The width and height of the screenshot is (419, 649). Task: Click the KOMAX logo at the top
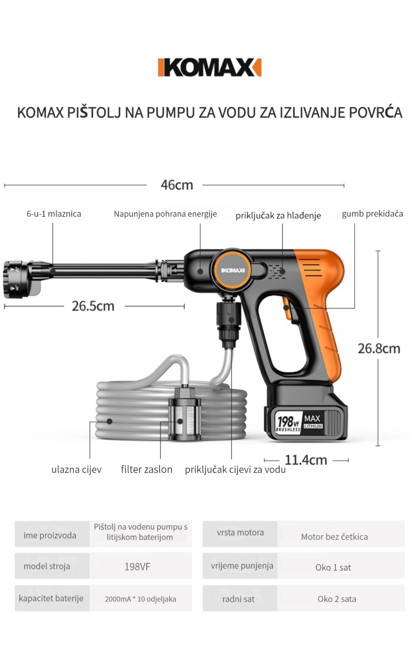click(209, 67)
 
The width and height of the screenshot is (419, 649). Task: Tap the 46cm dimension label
click(177, 185)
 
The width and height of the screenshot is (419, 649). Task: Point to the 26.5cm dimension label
click(93, 306)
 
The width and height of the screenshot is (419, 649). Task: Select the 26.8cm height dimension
click(379, 348)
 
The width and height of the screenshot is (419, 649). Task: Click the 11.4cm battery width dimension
click(306, 460)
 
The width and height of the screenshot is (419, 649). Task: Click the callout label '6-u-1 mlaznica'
click(54, 214)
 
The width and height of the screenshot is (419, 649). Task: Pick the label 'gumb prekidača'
click(372, 214)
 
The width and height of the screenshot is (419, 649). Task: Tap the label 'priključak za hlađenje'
click(278, 215)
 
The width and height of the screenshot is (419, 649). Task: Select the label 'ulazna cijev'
click(77, 469)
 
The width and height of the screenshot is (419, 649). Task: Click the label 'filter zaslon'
click(146, 469)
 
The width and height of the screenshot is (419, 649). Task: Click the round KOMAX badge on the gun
click(233, 270)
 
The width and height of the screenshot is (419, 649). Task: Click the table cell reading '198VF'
click(138, 567)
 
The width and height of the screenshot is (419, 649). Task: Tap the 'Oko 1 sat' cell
click(333, 567)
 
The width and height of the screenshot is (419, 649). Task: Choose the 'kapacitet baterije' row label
click(51, 598)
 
